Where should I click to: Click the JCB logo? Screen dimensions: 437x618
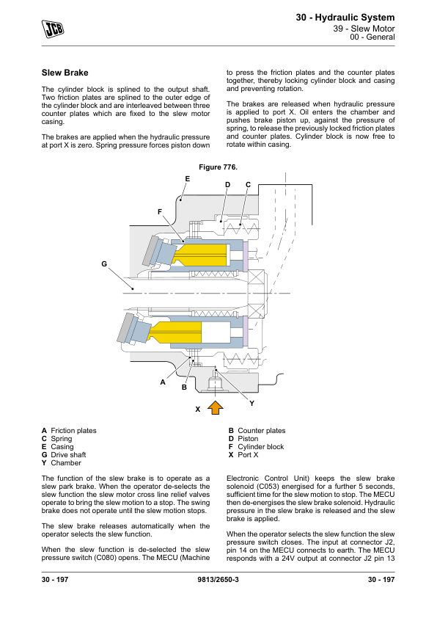[x=53, y=29]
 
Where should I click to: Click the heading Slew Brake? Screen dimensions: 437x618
[x=65, y=73]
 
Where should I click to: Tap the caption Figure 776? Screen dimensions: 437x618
[x=218, y=167]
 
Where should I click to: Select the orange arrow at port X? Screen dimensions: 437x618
[x=216, y=407]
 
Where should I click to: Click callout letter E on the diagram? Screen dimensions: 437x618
[x=188, y=179]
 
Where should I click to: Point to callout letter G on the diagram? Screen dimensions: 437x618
[x=104, y=264]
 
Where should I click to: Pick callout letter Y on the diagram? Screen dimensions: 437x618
[x=252, y=403]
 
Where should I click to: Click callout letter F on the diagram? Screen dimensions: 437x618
[x=159, y=212]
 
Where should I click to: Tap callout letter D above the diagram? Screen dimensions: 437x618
[x=227, y=185]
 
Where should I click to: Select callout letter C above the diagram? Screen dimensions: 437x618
[x=248, y=185]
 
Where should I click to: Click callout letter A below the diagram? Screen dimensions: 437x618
[x=163, y=382]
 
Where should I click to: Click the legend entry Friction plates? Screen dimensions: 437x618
[x=70, y=431]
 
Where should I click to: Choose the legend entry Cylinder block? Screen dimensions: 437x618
[x=257, y=447]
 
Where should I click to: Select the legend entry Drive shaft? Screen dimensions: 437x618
[x=64, y=455]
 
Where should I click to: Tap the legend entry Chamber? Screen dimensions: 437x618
[x=62, y=463]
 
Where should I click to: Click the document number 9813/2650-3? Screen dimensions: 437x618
[x=218, y=580]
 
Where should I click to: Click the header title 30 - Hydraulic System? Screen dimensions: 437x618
[x=345, y=18]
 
